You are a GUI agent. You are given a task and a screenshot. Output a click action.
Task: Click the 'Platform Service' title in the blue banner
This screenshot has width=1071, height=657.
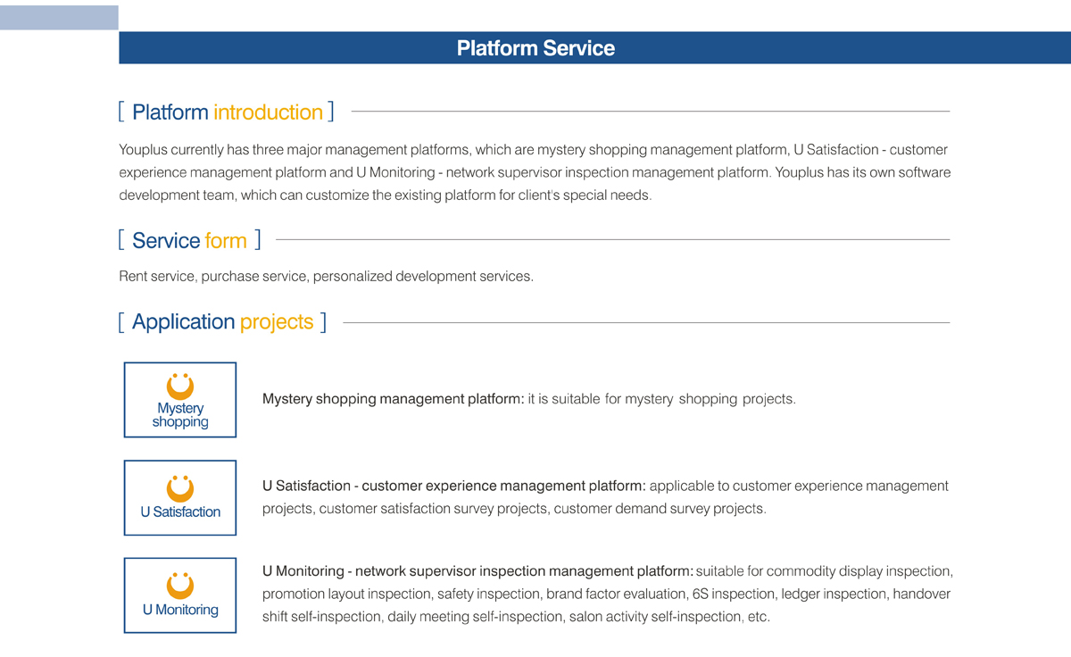pyautogui.click(x=535, y=48)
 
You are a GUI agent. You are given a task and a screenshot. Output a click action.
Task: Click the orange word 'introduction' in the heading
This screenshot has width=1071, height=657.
pyautogui.click(x=269, y=112)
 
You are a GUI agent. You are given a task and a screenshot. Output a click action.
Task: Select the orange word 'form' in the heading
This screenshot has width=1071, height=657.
pyautogui.click(x=226, y=240)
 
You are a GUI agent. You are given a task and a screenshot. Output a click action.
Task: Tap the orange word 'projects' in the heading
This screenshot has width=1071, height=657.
pyautogui.click(x=277, y=322)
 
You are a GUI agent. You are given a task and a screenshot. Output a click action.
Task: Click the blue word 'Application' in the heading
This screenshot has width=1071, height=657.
pyautogui.click(x=183, y=322)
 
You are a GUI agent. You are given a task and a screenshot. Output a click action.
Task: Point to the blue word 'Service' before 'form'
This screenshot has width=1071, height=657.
pyautogui.click(x=165, y=240)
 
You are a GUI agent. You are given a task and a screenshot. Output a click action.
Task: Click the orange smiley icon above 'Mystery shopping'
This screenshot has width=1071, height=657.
pyautogui.click(x=180, y=387)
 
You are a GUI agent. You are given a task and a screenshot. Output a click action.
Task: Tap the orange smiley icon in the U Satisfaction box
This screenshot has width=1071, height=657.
pyautogui.click(x=180, y=488)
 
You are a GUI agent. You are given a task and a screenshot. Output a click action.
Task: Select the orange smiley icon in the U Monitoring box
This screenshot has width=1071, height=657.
pyautogui.click(x=180, y=586)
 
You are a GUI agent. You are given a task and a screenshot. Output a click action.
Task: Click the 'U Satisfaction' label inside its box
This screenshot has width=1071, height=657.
pyautogui.click(x=180, y=512)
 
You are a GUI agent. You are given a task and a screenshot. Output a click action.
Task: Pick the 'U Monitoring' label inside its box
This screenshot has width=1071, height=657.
pyautogui.click(x=180, y=610)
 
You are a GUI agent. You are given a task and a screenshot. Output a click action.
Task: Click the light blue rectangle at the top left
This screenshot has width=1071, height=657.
pyautogui.click(x=59, y=18)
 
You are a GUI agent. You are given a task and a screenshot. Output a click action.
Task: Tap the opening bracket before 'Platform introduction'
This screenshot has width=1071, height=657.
pyautogui.click(x=121, y=112)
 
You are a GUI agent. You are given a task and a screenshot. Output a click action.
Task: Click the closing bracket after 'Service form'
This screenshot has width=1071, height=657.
pyautogui.click(x=258, y=239)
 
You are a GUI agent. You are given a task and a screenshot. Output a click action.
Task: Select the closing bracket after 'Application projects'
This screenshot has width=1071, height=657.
pyautogui.click(x=324, y=322)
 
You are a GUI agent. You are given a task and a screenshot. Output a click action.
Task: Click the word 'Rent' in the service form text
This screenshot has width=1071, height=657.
pyautogui.click(x=131, y=277)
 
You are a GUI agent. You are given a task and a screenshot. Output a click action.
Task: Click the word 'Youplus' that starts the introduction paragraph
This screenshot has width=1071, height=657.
pyautogui.click(x=143, y=150)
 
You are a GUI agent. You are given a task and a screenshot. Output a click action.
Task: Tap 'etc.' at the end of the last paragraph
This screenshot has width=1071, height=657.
pyautogui.click(x=759, y=617)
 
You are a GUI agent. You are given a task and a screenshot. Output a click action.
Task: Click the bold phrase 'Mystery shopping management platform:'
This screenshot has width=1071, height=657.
pyautogui.click(x=393, y=399)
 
